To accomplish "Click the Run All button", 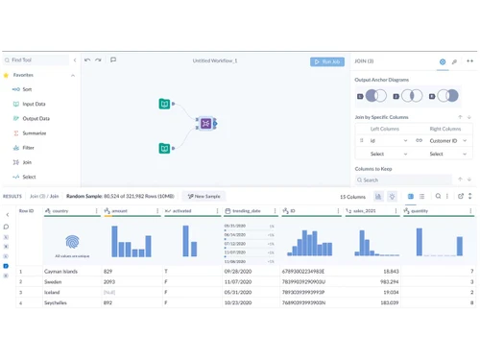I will coord(327,61).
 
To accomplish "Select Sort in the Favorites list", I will coord(27,89).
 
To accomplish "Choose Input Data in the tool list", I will coord(35,104).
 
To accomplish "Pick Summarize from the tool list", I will coord(35,132).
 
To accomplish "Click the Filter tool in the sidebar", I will coord(29,148).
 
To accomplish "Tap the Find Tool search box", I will coord(38,60).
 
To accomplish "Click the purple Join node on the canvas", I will coord(204,124).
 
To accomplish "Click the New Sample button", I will coord(204,196).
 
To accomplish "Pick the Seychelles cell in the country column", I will coord(58,303).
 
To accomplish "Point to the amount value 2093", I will coord(108,282).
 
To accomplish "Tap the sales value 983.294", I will coord(389,282).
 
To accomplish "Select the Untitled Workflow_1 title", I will coord(214,60).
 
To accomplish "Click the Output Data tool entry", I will coord(36,118).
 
